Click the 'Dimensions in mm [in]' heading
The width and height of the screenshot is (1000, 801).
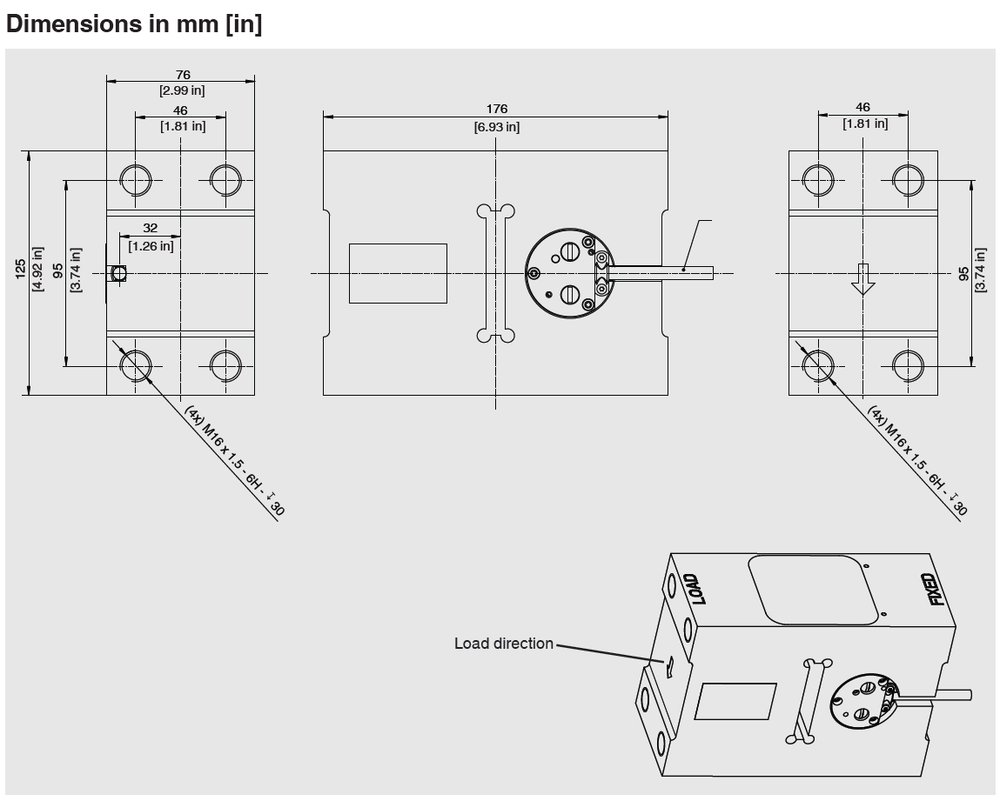[x=134, y=23]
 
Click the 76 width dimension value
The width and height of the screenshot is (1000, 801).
[x=183, y=75]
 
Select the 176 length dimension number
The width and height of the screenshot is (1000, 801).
[x=497, y=109]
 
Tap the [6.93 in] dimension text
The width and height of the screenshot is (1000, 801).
[x=497, y=127]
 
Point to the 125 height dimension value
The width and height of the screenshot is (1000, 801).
[x=21, y=268]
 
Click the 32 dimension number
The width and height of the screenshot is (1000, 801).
[x=150, y=228]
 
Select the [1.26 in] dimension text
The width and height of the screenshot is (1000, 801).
[x=151, y=245]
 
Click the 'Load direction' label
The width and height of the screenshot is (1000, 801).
[x=504, y=644]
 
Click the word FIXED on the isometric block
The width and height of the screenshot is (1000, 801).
[x=936, y=590]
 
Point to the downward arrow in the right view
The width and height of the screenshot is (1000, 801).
[x=862, y=279]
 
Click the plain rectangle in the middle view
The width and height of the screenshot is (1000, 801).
[x=398, y=273]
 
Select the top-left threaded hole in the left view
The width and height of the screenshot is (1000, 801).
[x=136, y=180]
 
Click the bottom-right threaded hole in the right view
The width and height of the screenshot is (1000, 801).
[x=908, y=366]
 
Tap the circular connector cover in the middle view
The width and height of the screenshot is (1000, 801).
[x=569, y=273]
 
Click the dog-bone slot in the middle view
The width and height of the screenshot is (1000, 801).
[x=495, y=273]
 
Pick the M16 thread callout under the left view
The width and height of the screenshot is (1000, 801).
[x=234, y=460]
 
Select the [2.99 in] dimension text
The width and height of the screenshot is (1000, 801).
[x=183, y=90]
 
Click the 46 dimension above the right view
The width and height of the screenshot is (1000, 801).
[x=862, y=107]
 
